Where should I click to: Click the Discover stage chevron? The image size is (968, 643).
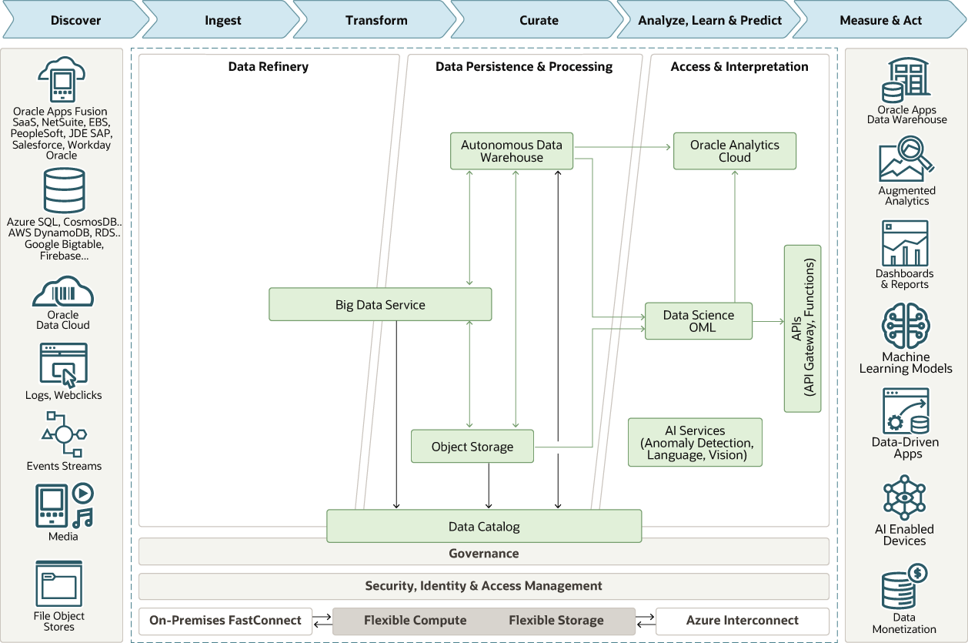(x=75, y=21)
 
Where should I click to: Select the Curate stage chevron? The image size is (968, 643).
(x=539, y=21)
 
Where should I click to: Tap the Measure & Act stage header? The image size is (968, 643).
(x=880, y=21)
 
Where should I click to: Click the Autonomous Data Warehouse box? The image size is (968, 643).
(x=512, y=151)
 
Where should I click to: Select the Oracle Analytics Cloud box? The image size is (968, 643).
(x=734, y=151)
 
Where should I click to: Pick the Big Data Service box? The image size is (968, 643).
(x=380, y=305)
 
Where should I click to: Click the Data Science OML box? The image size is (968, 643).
(x=698, y=321)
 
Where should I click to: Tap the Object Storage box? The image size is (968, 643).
(x=472, y=447)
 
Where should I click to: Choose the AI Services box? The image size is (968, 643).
(x=695, y=443)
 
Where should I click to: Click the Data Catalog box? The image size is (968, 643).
(x=484, y=527)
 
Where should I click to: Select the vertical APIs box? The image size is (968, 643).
(x=803, y=329)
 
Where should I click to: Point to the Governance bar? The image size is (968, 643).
(x=483, y=553)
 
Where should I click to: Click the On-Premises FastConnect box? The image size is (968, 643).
(x=225, y=621)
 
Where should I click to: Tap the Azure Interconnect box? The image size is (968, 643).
(x=742, y=621)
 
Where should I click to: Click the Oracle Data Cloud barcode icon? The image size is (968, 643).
(x=62, y=292)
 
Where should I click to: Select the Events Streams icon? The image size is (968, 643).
(x=64, y=434)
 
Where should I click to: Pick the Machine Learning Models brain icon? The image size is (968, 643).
(x=906, y=327)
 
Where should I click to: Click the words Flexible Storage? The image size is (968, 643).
(x=556, y=621)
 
